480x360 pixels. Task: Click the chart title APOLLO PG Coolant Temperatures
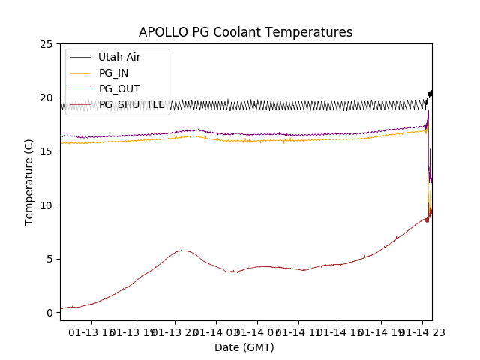[x=245, y=32]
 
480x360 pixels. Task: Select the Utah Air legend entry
[x=119, y=57]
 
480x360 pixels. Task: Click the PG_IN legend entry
[x=113, y=73]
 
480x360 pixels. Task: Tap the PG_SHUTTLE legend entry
[x=131, y=104]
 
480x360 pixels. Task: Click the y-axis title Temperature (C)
[x=29, y=181]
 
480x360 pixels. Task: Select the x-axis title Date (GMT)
[x=244, y=347]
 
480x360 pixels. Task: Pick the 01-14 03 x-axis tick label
[x=216, y=332]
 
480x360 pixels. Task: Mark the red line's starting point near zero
[x=63, y=307]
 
